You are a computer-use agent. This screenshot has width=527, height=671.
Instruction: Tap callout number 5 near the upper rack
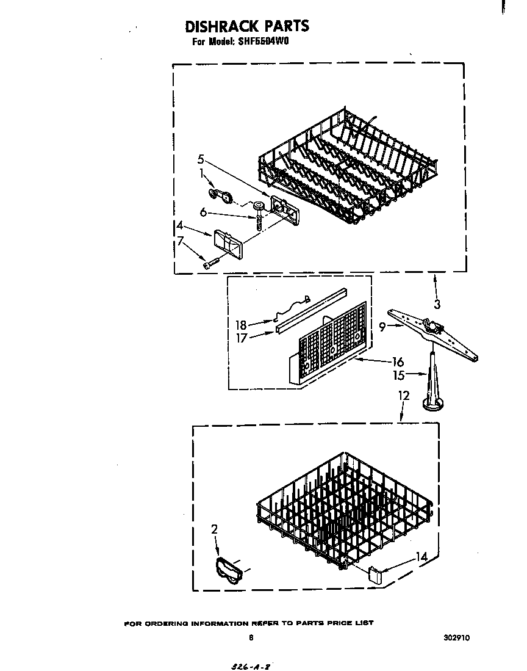pyautogui.click(x=201, y=159)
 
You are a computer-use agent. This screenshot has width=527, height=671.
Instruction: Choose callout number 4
pyautogui.click(x=179, y=225)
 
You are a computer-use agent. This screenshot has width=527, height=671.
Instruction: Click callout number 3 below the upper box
pyautogui.click(x=436, y=303)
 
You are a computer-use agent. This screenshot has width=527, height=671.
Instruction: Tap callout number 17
pyautogui.click(x=242, y=337)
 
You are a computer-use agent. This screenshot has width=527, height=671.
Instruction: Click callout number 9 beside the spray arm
pyautogui.click(x=382, y=327)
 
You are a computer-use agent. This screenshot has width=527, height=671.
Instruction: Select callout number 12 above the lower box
pyautogui.click(x=404, y=396)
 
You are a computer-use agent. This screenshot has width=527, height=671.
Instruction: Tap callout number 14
pyautogui.click(x=421, y=556)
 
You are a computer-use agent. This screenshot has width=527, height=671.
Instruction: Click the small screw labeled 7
pyautogui.click(x=212, y=263)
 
